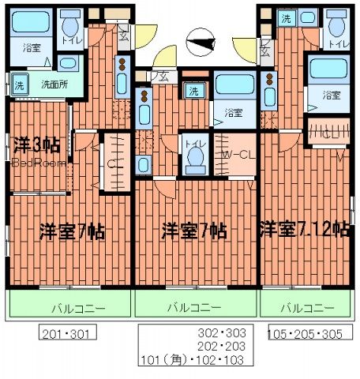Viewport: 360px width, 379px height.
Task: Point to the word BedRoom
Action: pyautogui.click(x=32, y=163)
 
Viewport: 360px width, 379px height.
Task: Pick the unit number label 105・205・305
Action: pyautogui.click(x=306, y=334)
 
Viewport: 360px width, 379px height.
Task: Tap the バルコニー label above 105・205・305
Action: pyautogui.click(x=308, y=307)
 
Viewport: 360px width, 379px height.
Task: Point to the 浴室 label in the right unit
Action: pyautogui.click(x=332, y=95)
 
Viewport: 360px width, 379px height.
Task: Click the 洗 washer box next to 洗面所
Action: pyautogui.click(x=19, y=81)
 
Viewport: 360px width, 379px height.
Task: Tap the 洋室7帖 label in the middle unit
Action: pyautogui.click(x=194, y=231)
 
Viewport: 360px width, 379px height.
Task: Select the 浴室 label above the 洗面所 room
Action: pyautogui.click(x=32, y=47)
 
